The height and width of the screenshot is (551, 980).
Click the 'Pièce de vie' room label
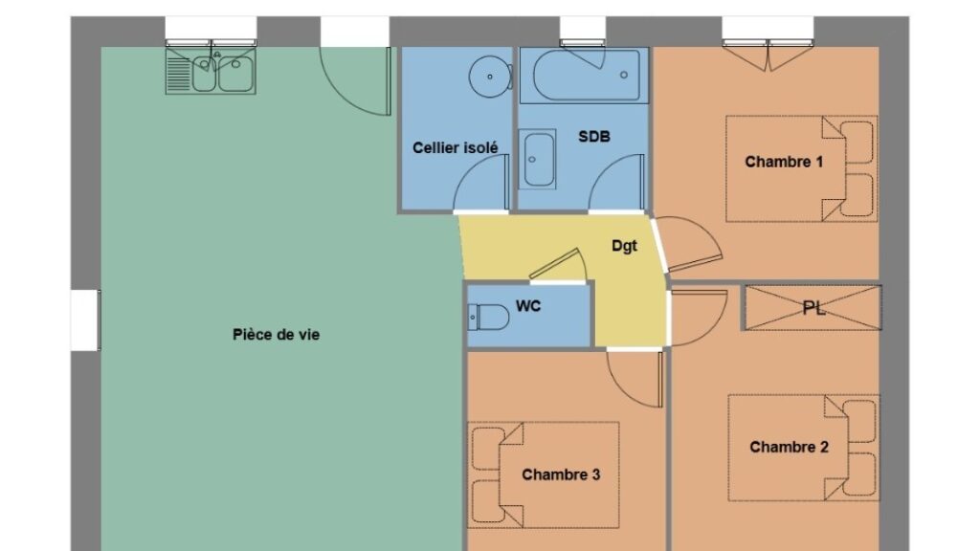pos(277,335)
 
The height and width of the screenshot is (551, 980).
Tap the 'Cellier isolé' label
pos(455,148)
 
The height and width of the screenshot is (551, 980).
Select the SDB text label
pos(593,136)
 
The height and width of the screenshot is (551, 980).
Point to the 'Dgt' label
pos(624,246)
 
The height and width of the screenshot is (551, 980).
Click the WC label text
pos(528,306)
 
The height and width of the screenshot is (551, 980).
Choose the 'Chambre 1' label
pos(784,162)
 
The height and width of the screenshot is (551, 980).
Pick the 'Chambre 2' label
pos(789,448)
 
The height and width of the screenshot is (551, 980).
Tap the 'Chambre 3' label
pos(561,474)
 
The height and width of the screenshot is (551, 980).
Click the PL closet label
pos(813,308)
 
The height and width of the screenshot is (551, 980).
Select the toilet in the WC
pos(488,318)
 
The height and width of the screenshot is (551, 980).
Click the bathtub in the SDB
pos(584,75)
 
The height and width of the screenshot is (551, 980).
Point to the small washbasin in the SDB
pos(538,160)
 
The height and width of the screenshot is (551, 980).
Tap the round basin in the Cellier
pos(491,77)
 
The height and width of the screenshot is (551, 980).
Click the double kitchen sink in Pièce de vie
pos(211,71)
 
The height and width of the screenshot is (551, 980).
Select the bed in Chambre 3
pos(544,474)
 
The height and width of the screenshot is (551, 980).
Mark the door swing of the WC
pos(568,260)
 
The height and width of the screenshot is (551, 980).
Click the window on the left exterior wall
pos(85,320)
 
